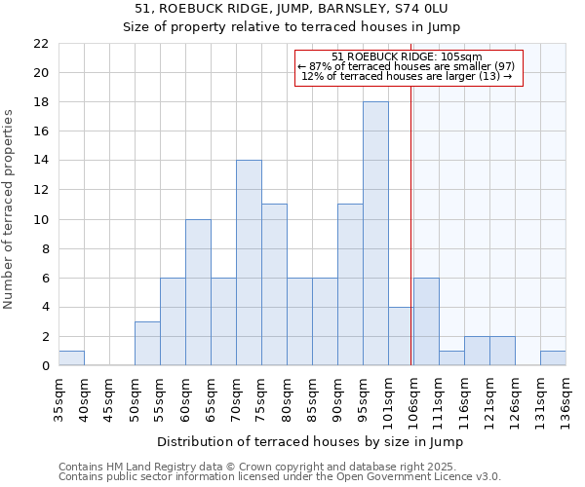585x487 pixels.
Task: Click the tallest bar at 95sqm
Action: coord(375,234)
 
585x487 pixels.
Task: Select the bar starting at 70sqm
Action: coord(249,263)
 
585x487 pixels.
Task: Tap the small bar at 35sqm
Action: coord(71,358)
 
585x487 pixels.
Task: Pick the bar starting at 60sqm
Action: coord(198,292)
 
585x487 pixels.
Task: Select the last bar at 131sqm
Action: coord(553,358)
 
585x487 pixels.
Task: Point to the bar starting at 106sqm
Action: coord(426,321)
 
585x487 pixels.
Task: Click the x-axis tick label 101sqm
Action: coord(389,398)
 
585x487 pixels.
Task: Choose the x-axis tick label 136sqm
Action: coord(566,398)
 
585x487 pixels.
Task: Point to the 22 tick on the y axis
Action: coord(41,44)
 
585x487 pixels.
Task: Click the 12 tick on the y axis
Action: coord(41,190)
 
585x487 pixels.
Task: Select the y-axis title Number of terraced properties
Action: coord(10,209)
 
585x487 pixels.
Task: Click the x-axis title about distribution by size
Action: coord(310,441)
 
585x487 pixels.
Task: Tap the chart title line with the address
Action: coord(292,10)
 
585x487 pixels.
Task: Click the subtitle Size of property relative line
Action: coord(292,27)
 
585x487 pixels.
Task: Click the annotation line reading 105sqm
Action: coord(408,57)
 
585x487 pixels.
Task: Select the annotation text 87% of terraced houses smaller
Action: coord(408,66)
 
